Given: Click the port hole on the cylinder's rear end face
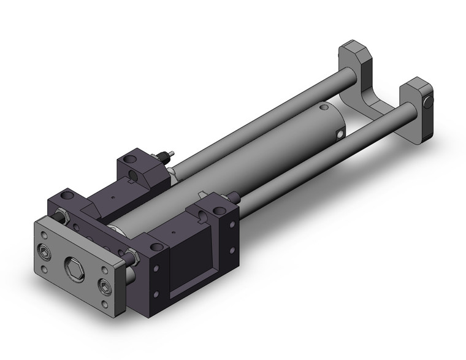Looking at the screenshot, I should [338, 132].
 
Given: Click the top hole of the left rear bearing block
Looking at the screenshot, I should [129, 160].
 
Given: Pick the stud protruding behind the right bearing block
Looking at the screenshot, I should [235, 197].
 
